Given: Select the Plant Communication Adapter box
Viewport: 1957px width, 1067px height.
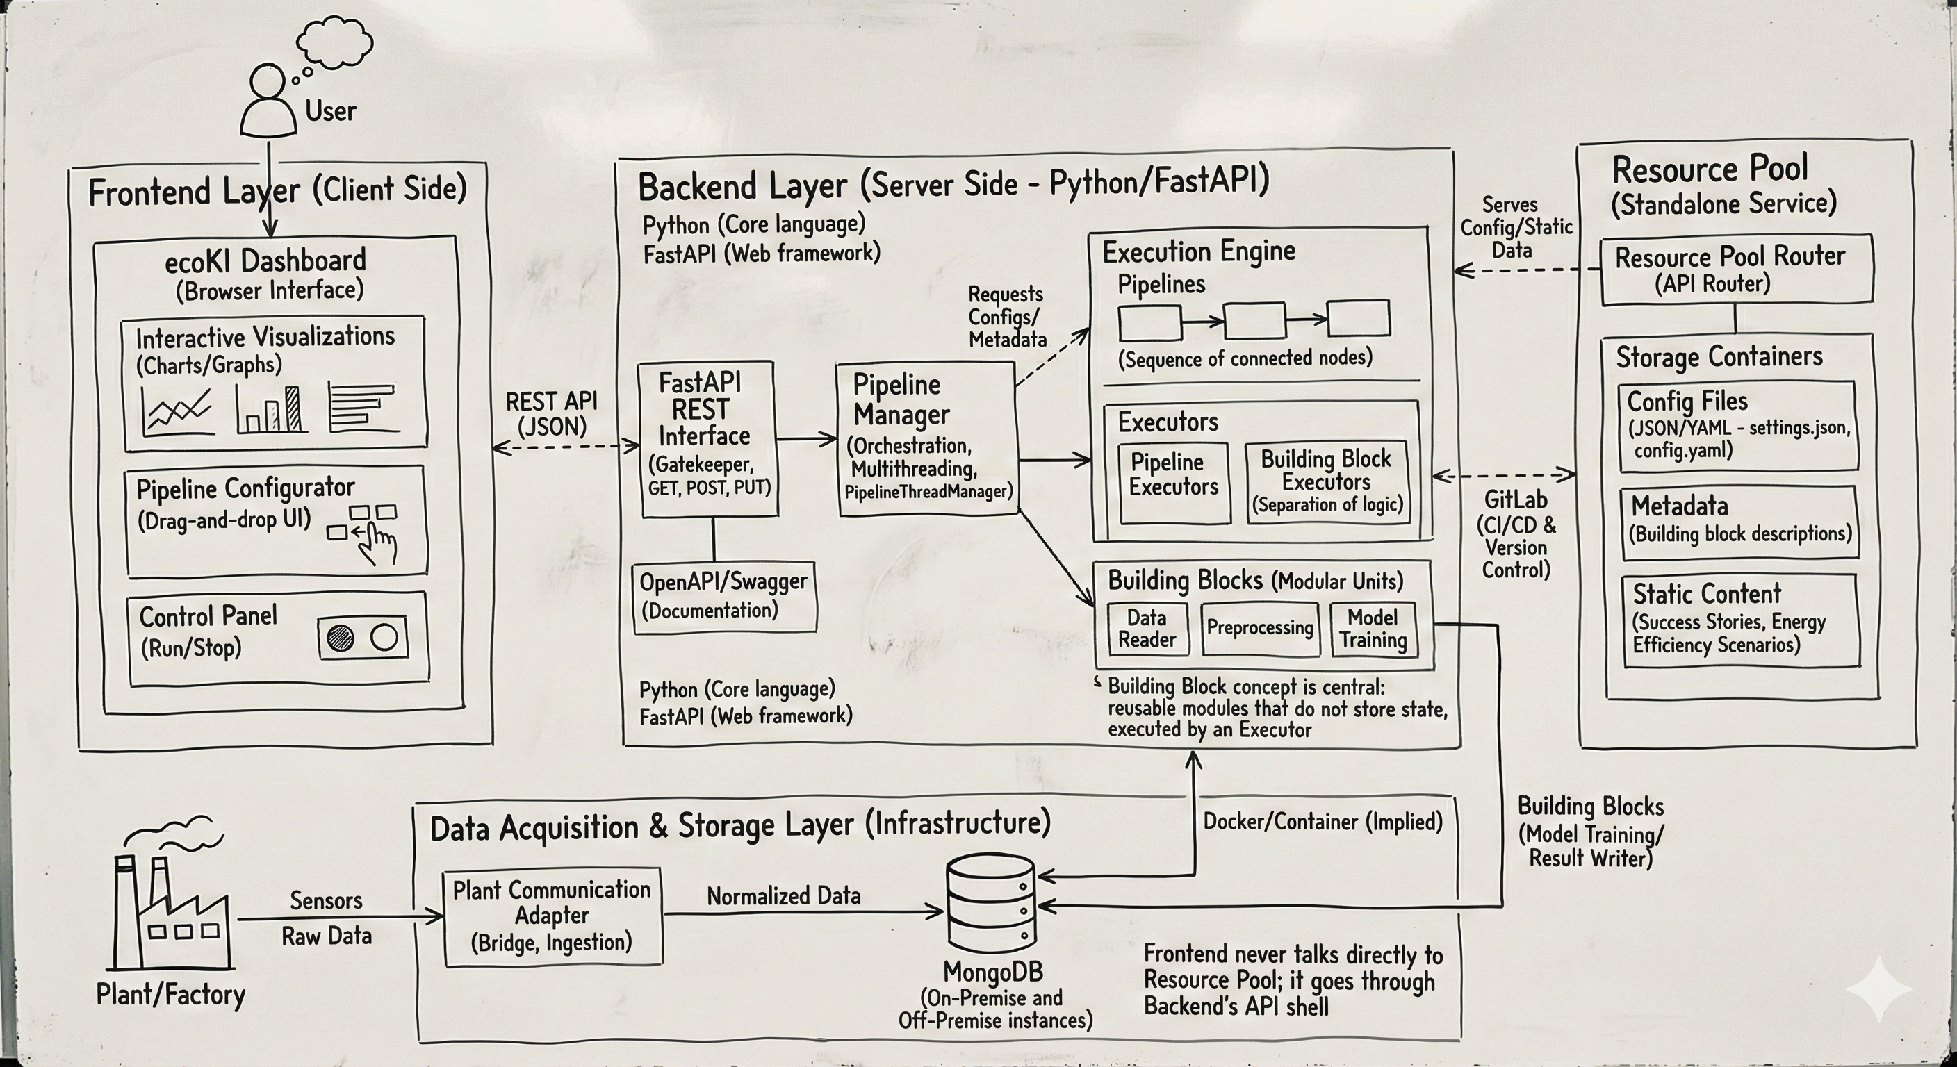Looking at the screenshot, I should pos(552,917).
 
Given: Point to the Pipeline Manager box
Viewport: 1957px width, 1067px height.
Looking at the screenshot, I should pos(926,439).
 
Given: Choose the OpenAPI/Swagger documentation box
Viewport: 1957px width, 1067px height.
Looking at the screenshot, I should pos(725,596).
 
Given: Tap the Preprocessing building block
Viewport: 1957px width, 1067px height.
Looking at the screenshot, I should pos(1259,628).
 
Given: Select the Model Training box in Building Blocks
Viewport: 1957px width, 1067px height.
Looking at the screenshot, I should pos(1372,629).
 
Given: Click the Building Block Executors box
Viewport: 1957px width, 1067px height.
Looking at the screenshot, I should pos(1327,482).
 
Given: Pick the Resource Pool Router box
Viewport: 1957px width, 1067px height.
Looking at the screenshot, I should pos(1735,270).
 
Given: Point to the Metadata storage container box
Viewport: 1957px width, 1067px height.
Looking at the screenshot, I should pos(1739,521).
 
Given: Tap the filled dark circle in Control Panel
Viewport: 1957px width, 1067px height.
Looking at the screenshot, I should pos(341,638).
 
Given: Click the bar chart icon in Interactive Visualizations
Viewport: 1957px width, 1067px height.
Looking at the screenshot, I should pos(272,409).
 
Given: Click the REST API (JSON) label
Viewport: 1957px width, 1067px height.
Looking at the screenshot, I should pos(552,413).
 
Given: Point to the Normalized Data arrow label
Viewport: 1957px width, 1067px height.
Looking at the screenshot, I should pos(783,896).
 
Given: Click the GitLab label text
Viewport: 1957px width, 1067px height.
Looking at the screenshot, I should pos(1515,499).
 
